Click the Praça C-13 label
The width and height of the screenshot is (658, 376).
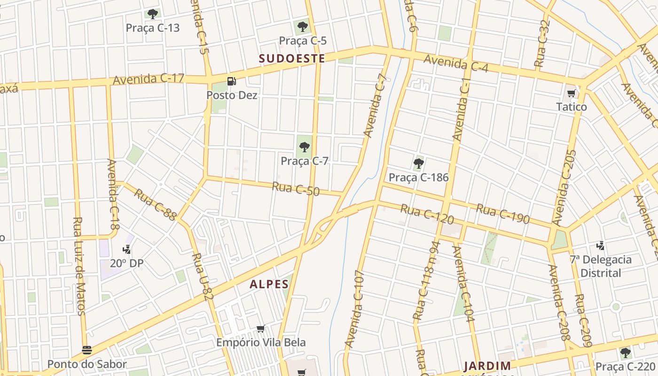pos(153,28)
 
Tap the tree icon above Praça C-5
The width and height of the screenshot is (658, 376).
pos(303,26)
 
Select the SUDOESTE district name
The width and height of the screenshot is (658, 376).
pos(292,58)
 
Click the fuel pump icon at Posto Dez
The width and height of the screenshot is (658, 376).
pos(231,81)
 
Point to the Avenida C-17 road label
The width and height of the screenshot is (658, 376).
pos(149,78)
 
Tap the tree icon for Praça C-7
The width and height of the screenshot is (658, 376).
pos(305,147)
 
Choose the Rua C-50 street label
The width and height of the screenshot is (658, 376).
pos(296,189)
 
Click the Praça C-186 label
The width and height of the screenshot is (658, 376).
pos(418,178)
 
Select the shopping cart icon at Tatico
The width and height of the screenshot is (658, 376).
pos(572,93)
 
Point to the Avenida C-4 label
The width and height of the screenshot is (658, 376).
pos(456,64)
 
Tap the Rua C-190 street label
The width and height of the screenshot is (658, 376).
pos(503,213)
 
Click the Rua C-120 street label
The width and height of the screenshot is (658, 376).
pos(427,214)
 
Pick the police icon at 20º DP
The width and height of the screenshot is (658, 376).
pos(126,250)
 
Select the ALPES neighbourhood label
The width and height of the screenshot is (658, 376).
pos(269,284)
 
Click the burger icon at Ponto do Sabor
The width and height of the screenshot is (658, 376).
pos(87,350)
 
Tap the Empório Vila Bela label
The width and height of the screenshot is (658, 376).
pos(261,343)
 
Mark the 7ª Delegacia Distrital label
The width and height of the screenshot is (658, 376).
pos(601,266)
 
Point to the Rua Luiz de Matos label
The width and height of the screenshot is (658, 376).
pos(79,266)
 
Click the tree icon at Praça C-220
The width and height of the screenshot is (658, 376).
pos(625,352)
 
